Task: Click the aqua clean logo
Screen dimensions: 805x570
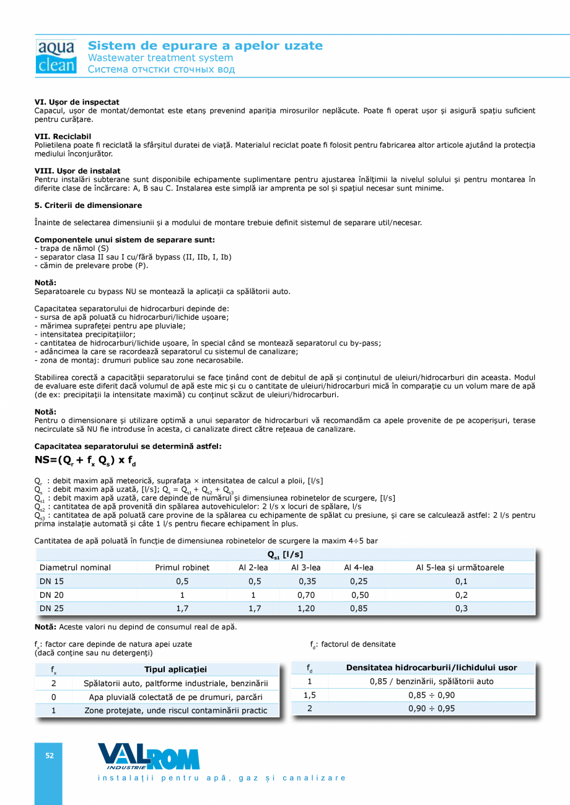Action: pyautogui.click(x=56, y=56)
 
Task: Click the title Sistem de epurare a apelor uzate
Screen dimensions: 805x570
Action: pyautogui.click(x=205, y=46)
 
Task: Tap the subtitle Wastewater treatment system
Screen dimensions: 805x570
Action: pyautogui.click(x=160, y=58)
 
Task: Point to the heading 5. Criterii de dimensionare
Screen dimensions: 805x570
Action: pyautogui.click(x=88, y=205)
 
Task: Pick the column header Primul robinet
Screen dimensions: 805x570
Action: pyautogui.click(x=182, y=567)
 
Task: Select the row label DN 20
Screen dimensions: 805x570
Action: pyautogui.click(x=51, y=595)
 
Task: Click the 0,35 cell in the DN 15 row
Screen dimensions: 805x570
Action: pyautogui.click(x=308, y=581)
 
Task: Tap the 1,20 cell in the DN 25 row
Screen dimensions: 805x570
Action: pyautogui.click(x=308, y=608)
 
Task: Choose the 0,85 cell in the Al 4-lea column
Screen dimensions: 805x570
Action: pyautogui.click(x=359, y=608)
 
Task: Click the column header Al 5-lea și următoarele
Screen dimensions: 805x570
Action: pyautogui.click(x=460, y=567)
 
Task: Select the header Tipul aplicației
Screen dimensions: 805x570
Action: pyautogui.click(x=175, y=669)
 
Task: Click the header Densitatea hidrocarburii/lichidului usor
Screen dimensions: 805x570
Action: pyautogui.click(x=431, y=668)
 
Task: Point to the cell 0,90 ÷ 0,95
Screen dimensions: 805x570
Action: pyautogui.click(x=431, y=708)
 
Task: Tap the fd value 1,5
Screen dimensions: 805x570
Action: pyautogui.click(x=310, y=695)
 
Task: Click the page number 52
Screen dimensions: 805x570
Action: pyautogui.click(x=49, y=755)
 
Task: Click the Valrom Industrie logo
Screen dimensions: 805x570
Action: pyautogui.click(x=148, y=757)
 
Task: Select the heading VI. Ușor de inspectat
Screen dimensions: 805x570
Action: pyautogui.click(x=77, y=102)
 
